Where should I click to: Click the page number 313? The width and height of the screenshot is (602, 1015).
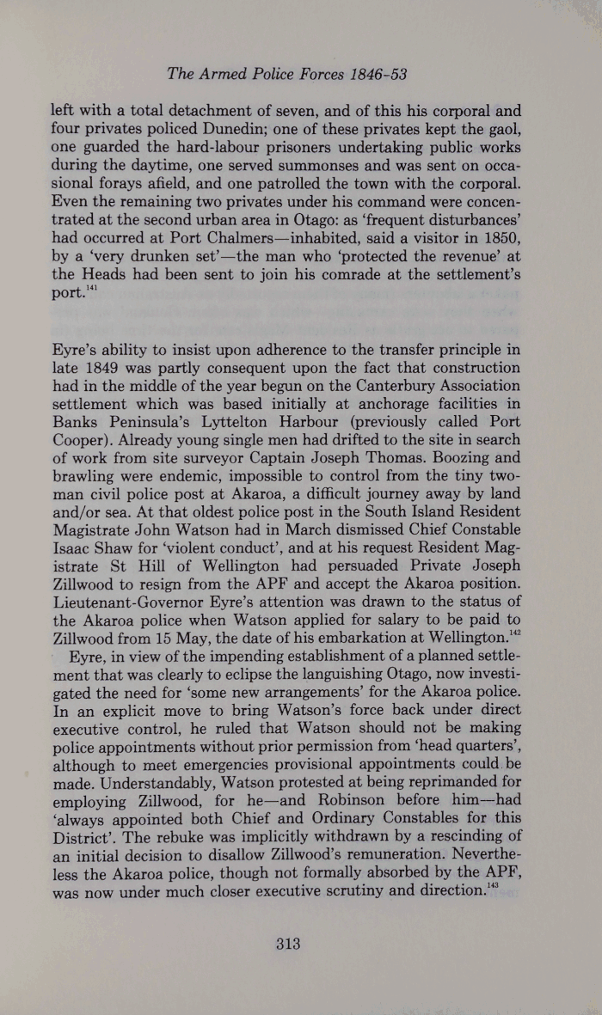pos(286,944)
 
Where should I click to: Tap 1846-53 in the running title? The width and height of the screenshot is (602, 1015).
pos(373,74)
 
